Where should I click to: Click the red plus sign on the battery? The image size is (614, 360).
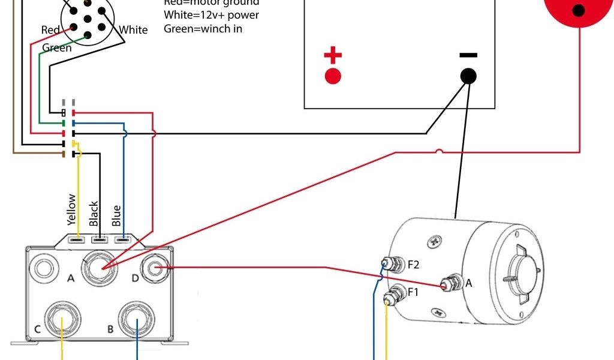point(333,56)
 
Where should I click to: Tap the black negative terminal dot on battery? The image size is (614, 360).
point(468,76)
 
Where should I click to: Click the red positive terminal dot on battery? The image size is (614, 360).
point(333,76)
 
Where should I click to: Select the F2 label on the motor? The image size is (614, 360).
point(414,264)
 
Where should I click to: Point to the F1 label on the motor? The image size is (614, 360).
point(414,292)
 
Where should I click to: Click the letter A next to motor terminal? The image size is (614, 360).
point(469,283)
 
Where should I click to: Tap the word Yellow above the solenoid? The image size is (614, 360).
point(72,209)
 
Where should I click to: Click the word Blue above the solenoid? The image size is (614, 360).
point(116,215)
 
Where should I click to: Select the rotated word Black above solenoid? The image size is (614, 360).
point(94,214)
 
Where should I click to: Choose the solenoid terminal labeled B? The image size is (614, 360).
point(137,320)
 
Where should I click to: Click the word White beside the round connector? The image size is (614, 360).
point(133,30)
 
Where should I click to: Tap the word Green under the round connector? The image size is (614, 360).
point(57,48)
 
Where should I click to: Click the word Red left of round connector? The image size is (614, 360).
point(50,30)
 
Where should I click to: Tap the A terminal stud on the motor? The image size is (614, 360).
point(448,284)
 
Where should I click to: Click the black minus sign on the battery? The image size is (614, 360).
point(468,55)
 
